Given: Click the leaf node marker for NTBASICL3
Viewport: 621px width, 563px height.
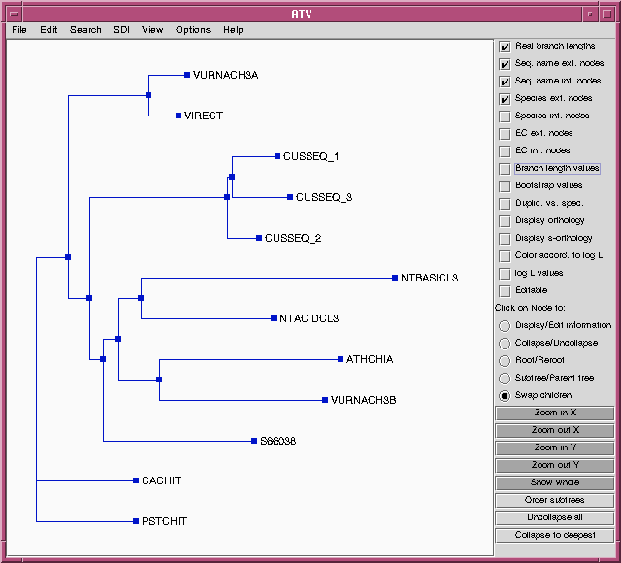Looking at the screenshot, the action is pyautogui.click(x=395, y=278).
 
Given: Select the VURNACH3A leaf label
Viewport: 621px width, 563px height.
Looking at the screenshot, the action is pyautogui.click(x=225, y=75).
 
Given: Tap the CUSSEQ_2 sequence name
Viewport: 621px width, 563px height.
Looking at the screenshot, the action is pyautogui.click(x=293, y=238).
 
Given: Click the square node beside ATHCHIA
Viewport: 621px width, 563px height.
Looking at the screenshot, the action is pyautogui.click(x=341, y=359).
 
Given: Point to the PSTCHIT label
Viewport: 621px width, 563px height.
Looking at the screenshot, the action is pyautogui.click(x=164, y=521).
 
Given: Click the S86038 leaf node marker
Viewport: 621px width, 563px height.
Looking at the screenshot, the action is pyautogui.click(x=254, y=441).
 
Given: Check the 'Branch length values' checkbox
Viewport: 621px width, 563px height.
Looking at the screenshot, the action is pyautogui.click(x=505, y=169).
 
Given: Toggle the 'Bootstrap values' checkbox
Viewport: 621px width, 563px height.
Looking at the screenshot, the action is pyautogui.click(x=505, y=186).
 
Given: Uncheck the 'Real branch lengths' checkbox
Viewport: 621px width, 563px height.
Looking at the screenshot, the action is pyautogui.click(x=505, y=47).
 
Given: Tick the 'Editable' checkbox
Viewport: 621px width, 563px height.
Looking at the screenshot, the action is pyautogui.click(x=505, y=291).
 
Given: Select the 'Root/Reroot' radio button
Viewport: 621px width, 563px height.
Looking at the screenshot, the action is pyautogui.click(x=505, y=360).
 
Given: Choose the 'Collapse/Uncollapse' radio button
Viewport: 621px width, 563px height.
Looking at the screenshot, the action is pyautogui.click(x=505, y=343).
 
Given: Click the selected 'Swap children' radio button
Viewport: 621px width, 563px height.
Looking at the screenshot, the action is pyautogui.click(x=505, y=395).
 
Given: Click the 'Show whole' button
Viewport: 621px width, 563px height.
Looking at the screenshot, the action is pyautogui.click(x=554, y=482).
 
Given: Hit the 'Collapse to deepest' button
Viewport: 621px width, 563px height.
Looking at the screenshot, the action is pyautogui.click(x=554, y=535).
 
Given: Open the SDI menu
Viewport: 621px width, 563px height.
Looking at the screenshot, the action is pyautogui.click(x=121, y=30).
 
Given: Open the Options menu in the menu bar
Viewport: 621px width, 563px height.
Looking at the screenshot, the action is pyautogui.click(x=193, y=30).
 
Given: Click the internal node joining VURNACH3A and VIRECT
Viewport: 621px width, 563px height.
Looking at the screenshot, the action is pyautogui.click(x=148, y=95).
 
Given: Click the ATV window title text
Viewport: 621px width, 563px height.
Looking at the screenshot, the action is pyautogui.click(x=302, y=15).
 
